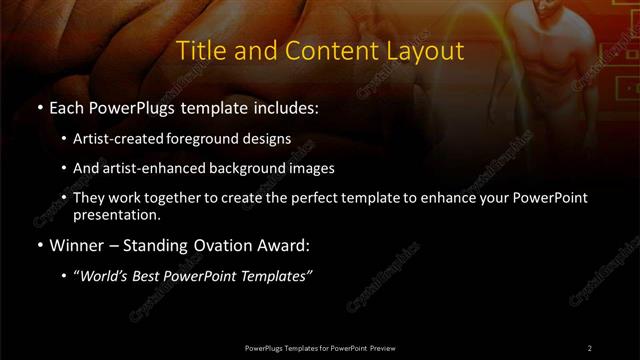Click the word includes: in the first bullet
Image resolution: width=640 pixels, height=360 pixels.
(x=285, y=107)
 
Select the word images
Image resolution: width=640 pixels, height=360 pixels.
(x=311, y=168)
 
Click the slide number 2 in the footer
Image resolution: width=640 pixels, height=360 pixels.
(x=590, y=347)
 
